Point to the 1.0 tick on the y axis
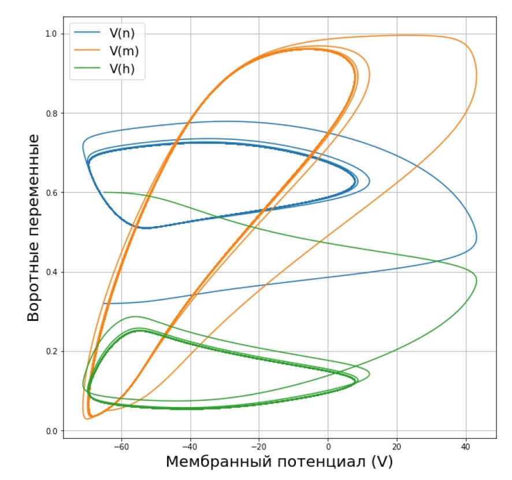coord(51,34)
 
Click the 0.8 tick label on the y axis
coord(51,113)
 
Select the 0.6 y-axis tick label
coord(51,193)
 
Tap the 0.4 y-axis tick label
coord(51,272)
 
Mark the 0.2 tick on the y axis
coord(51,352)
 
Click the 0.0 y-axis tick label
coord(51,431)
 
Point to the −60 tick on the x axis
coord(121,446)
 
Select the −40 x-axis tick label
coord(190,446)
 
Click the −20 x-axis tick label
coord(259,446)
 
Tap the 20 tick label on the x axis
coord(396,446)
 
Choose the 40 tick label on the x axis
coord(465,446)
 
